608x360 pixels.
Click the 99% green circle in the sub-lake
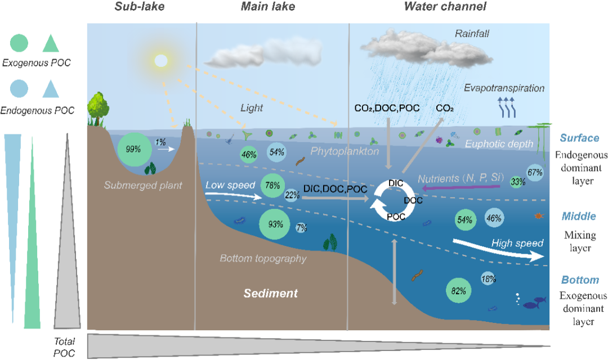pos(134,149)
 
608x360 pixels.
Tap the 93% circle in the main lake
pos(275,224)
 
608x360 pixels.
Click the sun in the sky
pos(161,60)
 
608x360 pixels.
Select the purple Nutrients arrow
pos(462,190)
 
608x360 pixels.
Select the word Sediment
pos(270,293)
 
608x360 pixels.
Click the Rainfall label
pos(472,34)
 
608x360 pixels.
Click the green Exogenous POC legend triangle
pos(50,43)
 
